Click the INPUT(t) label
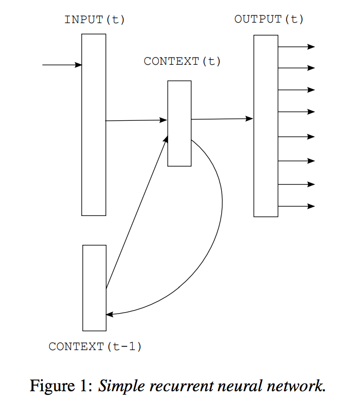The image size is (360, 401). tap(95, 20)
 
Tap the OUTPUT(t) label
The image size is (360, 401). tap(269, 20)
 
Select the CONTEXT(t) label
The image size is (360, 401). tap(182, 61)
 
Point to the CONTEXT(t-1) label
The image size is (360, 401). tap(95, 347)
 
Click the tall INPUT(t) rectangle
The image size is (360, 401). tap(94, 154)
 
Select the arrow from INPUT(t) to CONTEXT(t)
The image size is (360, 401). tap(136, 121)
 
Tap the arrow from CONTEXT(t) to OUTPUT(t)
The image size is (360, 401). tap(221, 119)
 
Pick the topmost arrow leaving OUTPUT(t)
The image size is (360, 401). tap(296, 47)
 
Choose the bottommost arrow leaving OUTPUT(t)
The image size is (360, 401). tap(296, 207)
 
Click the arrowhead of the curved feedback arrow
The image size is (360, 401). tap(109, 314)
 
